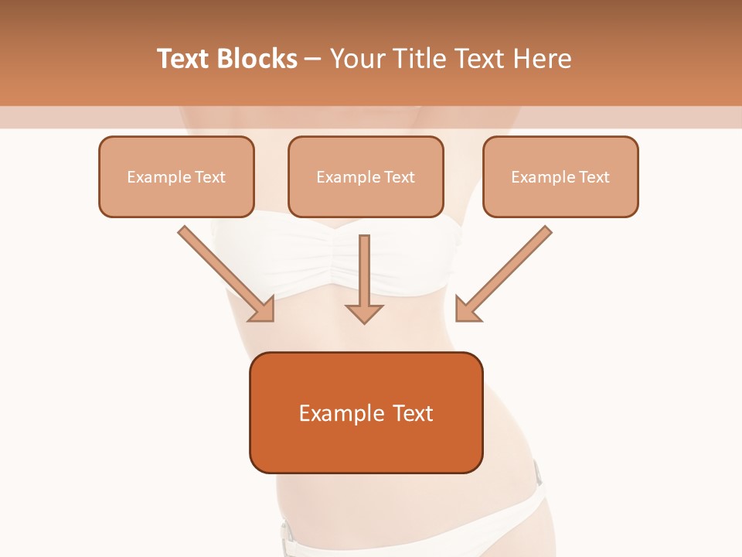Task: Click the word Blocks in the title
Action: (257, 59)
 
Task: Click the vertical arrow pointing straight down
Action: (364, 271)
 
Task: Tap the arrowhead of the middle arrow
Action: (364, 313)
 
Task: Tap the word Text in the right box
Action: (594, 177)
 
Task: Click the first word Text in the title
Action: (184, 59)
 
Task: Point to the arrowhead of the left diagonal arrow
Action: (263, 310)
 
